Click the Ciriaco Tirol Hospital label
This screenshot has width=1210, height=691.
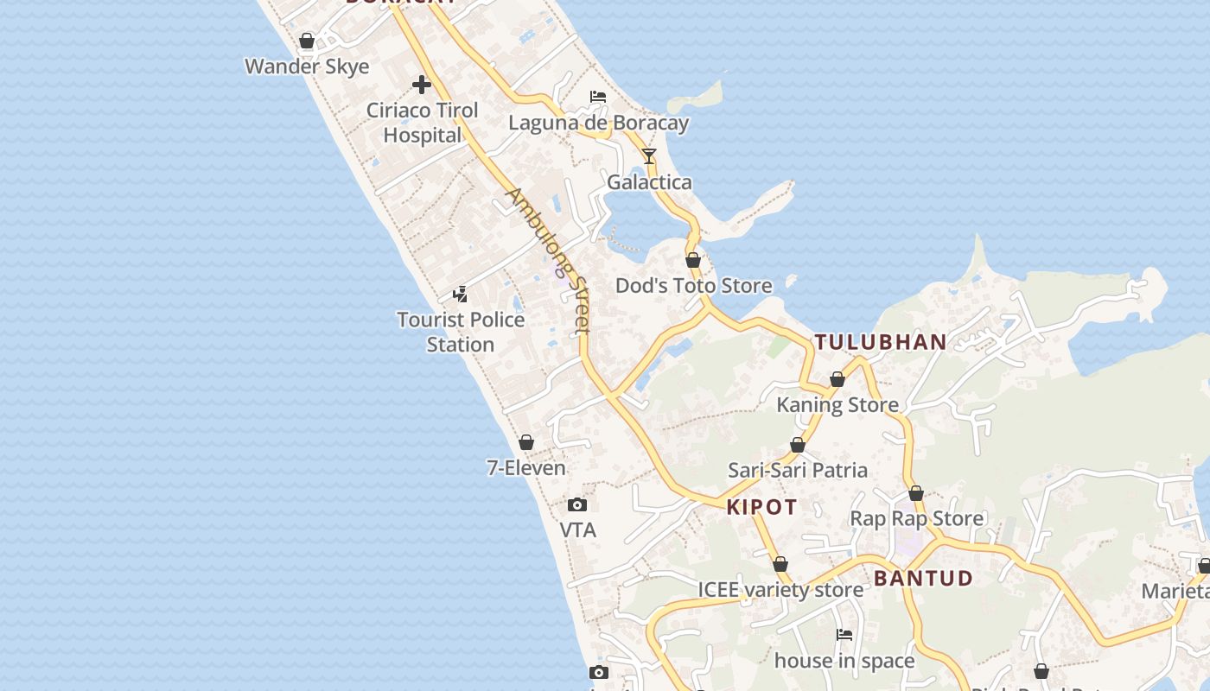pyautogui.click(x=422, y=123)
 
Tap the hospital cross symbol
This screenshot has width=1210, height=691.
pyautogui.click(x=422, y=85)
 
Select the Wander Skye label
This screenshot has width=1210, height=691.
pyautogui.click(x=307, y=67)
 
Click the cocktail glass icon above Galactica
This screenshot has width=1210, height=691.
pyautogui.click(x=649, y=156)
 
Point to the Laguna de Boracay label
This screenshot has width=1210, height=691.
pyautogui.click(x=598, y=123)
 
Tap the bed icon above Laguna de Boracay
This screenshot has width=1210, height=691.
pyautogui.click(x=598, y=96)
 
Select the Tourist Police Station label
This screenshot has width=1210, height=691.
pyautogui.click(x=461, y=332)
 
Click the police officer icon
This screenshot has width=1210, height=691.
pyautogui.click(x=461, y=294)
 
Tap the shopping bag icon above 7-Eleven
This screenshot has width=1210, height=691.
pyautogui.click(x=526, y=443)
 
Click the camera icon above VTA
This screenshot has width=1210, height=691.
pyautogui.click(x=577, y=504)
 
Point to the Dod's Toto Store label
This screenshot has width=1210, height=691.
pyautogui.click(x=693, y=285)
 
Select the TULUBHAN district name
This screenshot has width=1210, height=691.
pyautogui.click(x=881, y=342)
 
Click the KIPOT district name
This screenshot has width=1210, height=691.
pyautogui.click(x=761, y=507)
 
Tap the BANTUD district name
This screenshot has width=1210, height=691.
pyautogui.click(x=923, y=578)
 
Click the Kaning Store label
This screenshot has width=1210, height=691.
pyautogui.click(x=837, y=404)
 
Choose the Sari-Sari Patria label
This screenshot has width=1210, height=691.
pyautogui.click(x=798, y=470)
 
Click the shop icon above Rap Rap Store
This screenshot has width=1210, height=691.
pyautogui.click(x=916, y=494)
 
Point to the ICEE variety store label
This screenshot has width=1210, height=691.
pyautogui.click(x=780, y=590)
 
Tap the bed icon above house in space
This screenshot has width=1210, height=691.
pyautogui.click(x=844, y=635)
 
